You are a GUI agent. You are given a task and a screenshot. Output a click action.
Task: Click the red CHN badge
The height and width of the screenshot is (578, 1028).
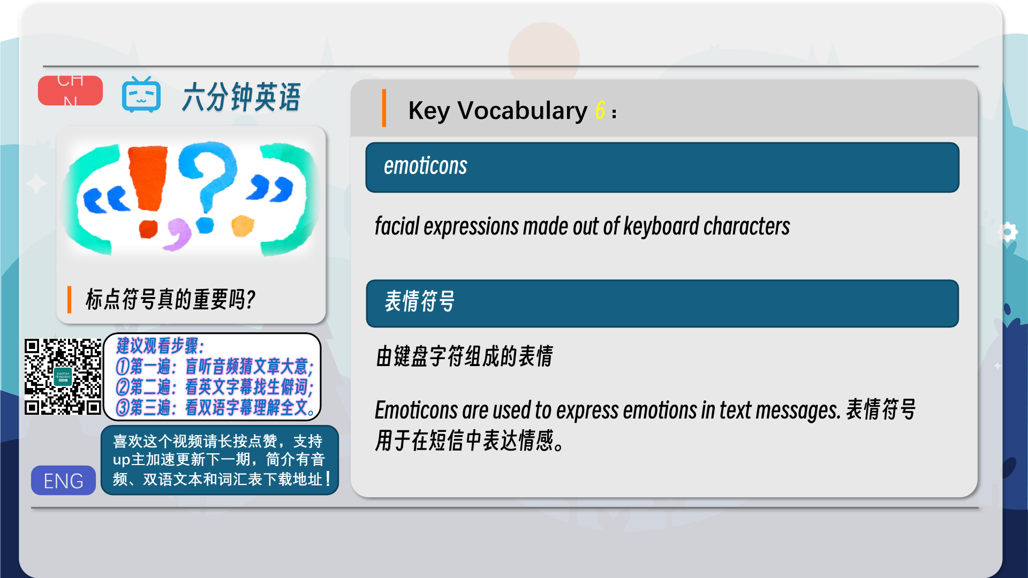(x=70, y=90)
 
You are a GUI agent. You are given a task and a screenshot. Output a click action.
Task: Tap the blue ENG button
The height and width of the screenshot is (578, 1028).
(x=63, y=480)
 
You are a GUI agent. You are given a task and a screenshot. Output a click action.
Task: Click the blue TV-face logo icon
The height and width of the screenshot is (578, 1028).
(x=141, y=95)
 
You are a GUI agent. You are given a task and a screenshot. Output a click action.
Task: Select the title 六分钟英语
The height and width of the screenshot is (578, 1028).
(x=241, y=97)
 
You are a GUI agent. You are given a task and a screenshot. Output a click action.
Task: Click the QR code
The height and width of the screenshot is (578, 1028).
(x=63, y=377)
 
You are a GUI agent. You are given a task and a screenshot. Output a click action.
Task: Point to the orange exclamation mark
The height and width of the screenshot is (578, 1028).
(x=148, y=190)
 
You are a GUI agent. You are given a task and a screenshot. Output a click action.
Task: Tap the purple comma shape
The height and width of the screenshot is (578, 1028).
(x=178, y=234)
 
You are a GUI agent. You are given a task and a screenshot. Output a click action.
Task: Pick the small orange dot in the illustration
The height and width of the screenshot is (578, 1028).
(x=243, y=225)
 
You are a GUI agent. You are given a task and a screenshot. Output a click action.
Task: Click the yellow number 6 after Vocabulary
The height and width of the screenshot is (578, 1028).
(x=600, y=110)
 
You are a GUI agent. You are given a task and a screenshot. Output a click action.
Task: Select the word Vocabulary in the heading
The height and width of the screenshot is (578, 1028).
(x=522, y=111)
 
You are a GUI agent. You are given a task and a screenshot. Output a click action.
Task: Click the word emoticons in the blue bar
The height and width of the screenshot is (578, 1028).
(x=426, y=166)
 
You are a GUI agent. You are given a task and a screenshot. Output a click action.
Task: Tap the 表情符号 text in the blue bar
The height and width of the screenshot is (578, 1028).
(x=420, y=302)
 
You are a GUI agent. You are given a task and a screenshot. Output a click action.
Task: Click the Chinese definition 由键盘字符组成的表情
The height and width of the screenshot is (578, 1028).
(x=465, y=356)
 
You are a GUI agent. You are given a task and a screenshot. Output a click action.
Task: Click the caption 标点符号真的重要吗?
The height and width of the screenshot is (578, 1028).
(x=171, y=299)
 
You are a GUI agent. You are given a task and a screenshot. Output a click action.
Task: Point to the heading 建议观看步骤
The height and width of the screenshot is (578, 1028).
(x=160, y=346)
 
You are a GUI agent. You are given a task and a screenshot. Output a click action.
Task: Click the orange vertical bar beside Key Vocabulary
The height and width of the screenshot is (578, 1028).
(x=384, y=108)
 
